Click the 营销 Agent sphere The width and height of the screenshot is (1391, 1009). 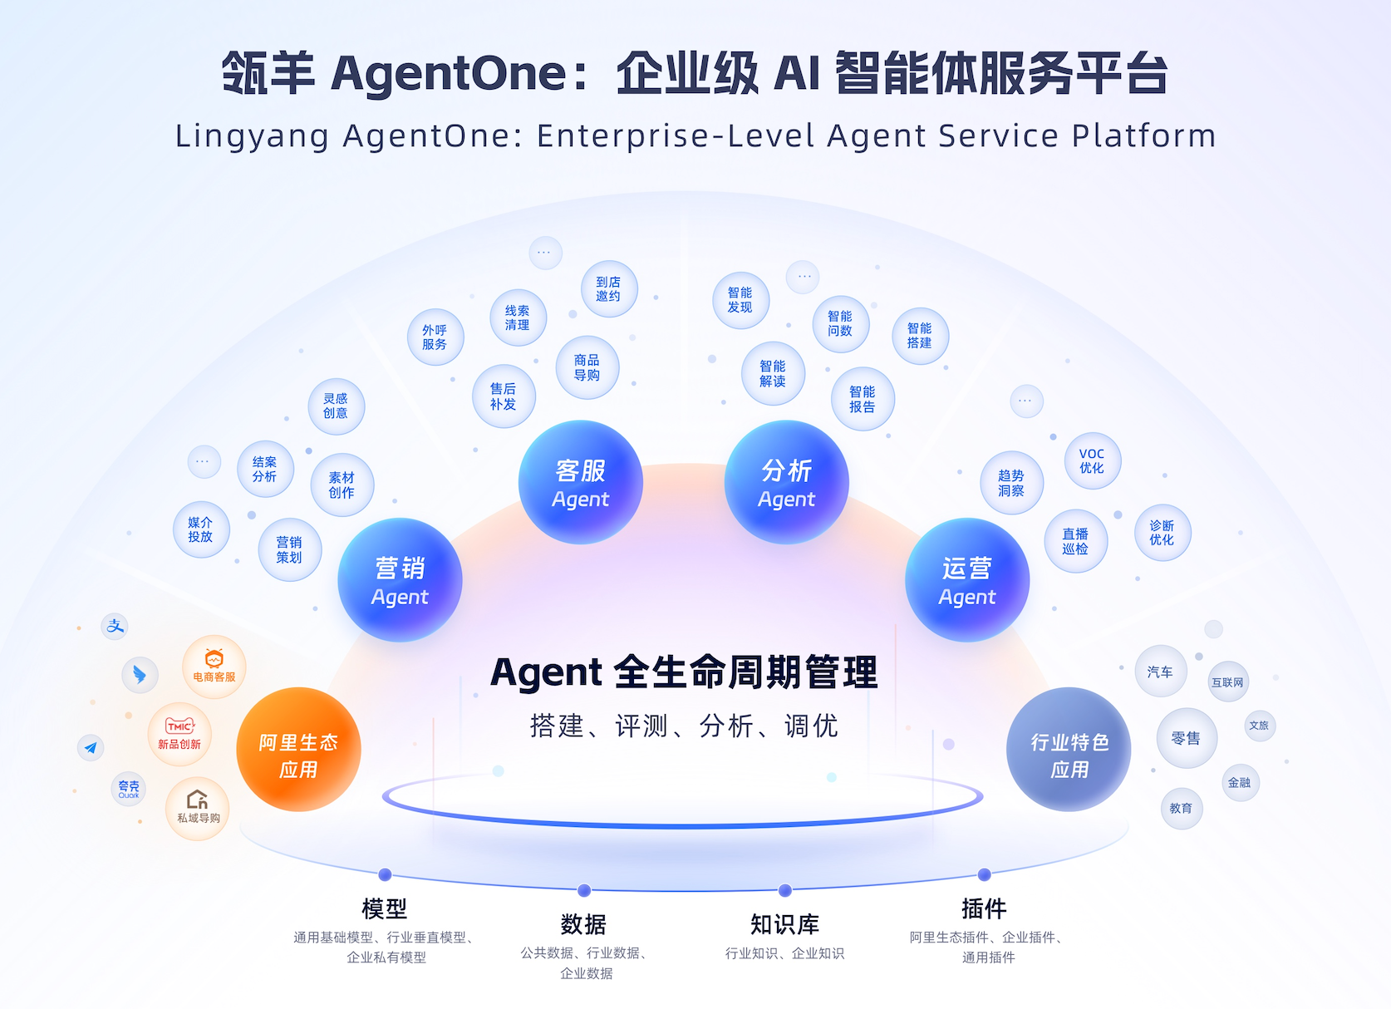click(x=400, y=580)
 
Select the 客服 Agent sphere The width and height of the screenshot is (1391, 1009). click(x=581, y=483)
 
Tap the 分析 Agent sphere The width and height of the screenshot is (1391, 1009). click(x=787, y=483)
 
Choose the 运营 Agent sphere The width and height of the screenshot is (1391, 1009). click(x=967, y=580)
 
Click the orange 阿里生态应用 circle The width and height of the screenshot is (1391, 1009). click(x=298, y=750)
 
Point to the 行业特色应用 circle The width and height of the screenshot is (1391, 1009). click(x=1069, y=750)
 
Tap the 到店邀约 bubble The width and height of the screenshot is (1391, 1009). click(x=609, y=289)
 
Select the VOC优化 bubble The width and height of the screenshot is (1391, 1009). click(x=1093, y=461)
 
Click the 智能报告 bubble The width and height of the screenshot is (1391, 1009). click(x=863, y=399)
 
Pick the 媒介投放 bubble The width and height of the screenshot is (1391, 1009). click(x=201, y=529)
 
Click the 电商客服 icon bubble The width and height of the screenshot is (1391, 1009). click(x=214, y=667)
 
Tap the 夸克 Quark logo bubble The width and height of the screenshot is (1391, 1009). click(x=129, y=788)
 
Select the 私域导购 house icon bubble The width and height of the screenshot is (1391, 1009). click(x=198, y=808)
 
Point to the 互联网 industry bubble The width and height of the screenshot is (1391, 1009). click(x=1228, y=682)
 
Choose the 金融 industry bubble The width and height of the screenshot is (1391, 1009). click(x=1240, y=783)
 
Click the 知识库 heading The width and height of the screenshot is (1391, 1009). click(x=784, y=924)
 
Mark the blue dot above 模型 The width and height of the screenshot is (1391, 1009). click(x=385, y=874)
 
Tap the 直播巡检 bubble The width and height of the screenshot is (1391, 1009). click(x=1075, y=541)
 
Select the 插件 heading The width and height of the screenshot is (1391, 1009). click(x=984, y=908)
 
